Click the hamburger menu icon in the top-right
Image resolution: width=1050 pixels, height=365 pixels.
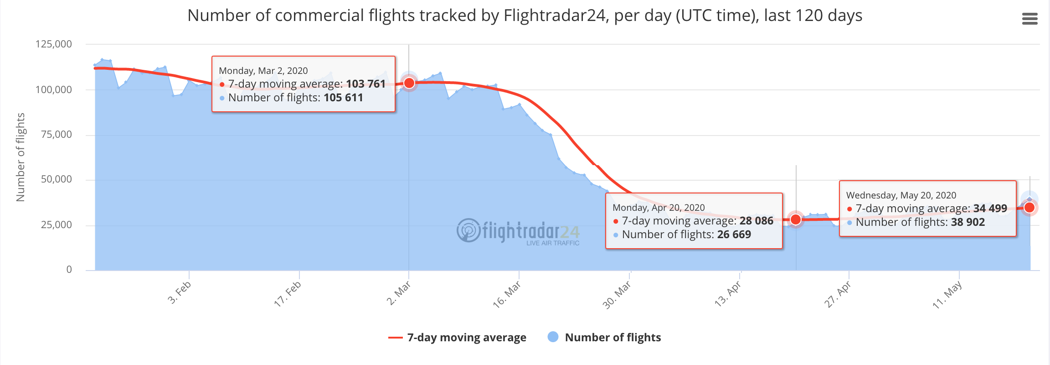click(x=1029, y=19)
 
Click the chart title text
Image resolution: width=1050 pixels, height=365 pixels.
click(x=525, y=16)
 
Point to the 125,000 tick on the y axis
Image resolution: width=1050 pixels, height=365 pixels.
click(x=54, y=44)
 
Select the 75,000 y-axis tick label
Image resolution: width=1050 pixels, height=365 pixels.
click(x=57, y=135)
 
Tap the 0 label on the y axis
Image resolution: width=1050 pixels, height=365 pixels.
click(x=69, y=270)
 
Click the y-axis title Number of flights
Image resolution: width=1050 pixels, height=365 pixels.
click(x=21, y=157)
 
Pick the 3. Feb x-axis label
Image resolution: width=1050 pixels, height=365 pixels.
click(x=180, y=292)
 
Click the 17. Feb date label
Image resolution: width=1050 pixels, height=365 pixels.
click(x=288, y=293)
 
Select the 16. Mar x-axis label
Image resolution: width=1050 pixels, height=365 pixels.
click(x=507, y=294)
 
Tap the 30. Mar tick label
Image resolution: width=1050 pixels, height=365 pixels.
click(x=617, y=295)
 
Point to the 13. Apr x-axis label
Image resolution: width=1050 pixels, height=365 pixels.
click(x=728, y=294)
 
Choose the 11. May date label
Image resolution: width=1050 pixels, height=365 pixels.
click(x=947, y=295)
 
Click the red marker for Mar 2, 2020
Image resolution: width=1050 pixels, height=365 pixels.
click(x=409, y=83)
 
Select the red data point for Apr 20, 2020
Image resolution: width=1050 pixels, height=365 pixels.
click(x=796, y=219)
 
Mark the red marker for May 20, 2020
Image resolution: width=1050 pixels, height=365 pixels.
click(x=1029, y=208)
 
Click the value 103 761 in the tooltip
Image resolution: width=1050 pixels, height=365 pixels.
click(x=365, y=84)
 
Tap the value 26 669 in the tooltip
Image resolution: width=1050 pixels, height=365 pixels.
click(x=734, y=235)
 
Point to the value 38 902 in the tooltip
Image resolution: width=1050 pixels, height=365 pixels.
click(x=968, y=222)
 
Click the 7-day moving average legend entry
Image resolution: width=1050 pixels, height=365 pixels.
click(x=457, y=338)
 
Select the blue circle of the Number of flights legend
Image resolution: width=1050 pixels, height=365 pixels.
click(x=553, y=337)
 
